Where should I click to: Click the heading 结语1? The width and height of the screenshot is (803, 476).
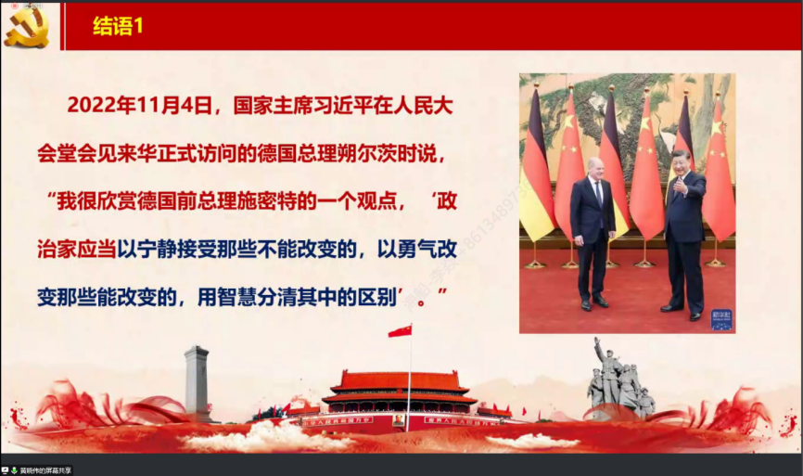(x=118, y=27)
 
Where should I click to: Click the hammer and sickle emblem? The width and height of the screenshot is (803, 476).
(x=26, y=26)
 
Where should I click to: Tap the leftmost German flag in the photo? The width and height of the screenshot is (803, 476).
(x=536, y=176)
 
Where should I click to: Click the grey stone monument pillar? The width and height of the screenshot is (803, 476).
(x=197, y=380)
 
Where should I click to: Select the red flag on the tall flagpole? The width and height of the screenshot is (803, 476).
(x=400, y=331)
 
